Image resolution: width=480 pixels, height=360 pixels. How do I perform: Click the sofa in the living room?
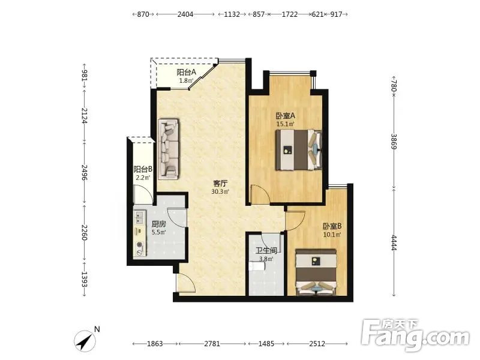pyautogui.click(x=169, y=149)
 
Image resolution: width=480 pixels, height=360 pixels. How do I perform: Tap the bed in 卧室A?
pyautogui.click(x=298, y=149)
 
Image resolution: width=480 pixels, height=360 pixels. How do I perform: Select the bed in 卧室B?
pyautogui.click(x=316, y=272)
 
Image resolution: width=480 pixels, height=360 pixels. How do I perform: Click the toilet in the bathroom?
pyautogui.click(x=257, y=266)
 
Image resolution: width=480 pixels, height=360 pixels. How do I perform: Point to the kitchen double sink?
pyautogui.click(x=140, y=217)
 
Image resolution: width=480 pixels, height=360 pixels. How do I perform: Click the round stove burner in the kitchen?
pyautogui.click(x=140, y=245)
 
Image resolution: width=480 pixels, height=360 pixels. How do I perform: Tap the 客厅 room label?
pyautogui.click(x=220, y=184)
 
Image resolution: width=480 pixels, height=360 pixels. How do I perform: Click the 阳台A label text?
pyautogui.click(x=186, y=72)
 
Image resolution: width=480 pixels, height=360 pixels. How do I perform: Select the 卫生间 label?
pyautogui.click(x=266, y=251)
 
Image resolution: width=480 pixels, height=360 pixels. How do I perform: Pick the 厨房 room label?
pyautogui.click(x=159, y=224)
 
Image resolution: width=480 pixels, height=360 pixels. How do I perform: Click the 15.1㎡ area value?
pyautogui.click(x=286, y=124)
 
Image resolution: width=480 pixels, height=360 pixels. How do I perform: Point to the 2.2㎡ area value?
pyautogui.click(x=143, y=178)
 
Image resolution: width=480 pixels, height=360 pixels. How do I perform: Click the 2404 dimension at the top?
pyautogui.click(x=185, y=14)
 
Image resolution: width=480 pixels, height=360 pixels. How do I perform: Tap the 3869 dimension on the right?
pyautogui.click(x=394, y=142)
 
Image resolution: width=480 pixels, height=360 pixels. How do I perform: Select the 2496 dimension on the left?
pyautogui.click(x=84, y=173)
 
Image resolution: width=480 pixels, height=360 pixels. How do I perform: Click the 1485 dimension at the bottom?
pyautogui.click(x=266, y=344)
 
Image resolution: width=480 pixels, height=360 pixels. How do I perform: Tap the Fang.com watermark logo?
pyautogui.click(x=415, y=335)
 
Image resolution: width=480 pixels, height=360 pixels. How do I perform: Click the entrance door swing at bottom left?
pyautogui.click(x=186, y=283)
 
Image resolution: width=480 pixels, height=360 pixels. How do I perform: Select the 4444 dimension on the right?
pyautogui.click(x=394, y=243)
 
